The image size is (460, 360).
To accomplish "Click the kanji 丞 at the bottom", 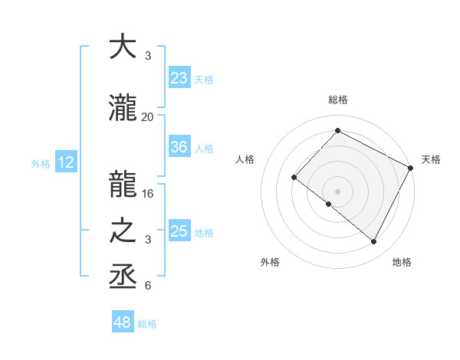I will (123, 274).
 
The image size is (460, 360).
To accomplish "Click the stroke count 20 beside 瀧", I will (147, 117).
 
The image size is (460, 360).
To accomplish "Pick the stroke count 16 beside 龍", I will (148, 194).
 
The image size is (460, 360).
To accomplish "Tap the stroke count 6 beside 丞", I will (147, 286).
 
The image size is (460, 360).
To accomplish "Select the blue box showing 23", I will (179, 77).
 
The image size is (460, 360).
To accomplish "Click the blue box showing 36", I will (179, 147).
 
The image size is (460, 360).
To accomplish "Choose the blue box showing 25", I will (179, 231).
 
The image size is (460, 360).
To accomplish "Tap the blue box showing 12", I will (66, 162).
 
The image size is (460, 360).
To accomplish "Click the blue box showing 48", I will (123, 322).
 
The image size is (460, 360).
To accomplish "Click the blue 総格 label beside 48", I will (147, 324).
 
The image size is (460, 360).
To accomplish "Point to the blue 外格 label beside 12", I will (40, 163).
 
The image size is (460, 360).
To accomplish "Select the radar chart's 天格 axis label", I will (431, 159).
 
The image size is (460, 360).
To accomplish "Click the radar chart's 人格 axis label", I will (245, 159).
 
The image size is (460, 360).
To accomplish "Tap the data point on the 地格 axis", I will (373, 242).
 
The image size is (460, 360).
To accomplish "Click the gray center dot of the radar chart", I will (337, 191).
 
